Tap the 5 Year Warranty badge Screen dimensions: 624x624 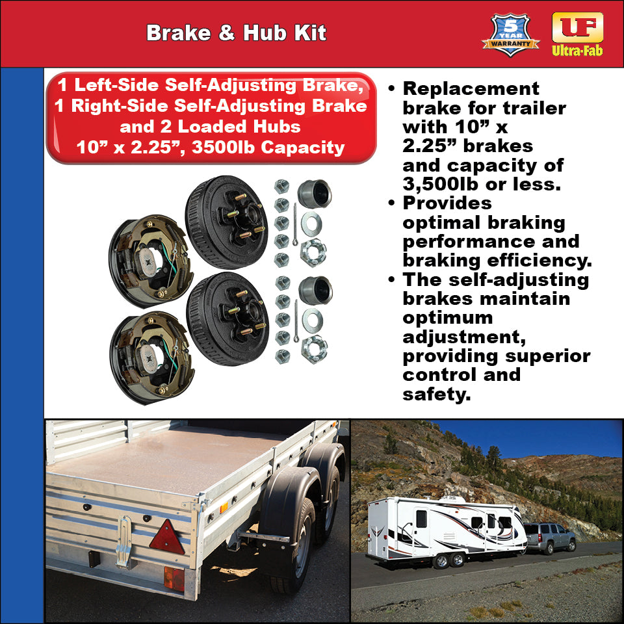coord(510,34)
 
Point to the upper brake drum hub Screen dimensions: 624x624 coord(226,222)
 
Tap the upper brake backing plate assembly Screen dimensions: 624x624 coord(151,259)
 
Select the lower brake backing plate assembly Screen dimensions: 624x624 coord(151,356)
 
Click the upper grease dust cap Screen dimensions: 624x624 coord(315,193)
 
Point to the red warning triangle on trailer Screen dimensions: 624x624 coord(167,537)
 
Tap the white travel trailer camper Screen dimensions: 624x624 coord(445,526)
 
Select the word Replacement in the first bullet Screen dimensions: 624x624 coord(471,89)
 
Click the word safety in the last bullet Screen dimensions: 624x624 coord(436,394)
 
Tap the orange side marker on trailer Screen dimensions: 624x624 coord(224,508)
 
